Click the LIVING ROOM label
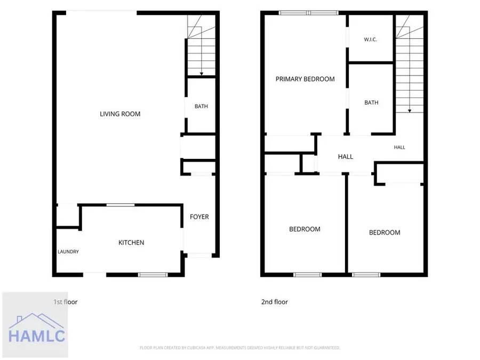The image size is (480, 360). [x=120, y=114]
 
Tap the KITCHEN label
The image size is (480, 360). [x=131, y=243]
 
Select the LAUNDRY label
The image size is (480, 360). [x=68, y=252]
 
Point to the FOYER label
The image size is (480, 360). [x=199, y=217]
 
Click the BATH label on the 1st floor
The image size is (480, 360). [x=201, y=107]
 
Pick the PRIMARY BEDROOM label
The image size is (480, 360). [x=305, y=79]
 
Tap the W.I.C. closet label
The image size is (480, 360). [x=371, y=39]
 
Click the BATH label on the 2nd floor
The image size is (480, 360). [x=371, y=102]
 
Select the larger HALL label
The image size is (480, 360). [x=346, y=157]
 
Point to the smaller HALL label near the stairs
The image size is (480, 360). [x=399, y=148]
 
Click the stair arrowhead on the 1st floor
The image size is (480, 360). [x=202, y=74]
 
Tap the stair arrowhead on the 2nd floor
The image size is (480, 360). [x=410, y=111]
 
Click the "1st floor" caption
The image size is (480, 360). [x=66, y=302]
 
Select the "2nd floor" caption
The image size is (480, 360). [x=275, y=302]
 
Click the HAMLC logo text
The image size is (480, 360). [x=37, y=336]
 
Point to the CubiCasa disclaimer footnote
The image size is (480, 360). [x=240, y=348]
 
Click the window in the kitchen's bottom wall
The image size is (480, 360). [x=153, y=275]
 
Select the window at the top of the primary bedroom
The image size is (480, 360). [x=309, y=13]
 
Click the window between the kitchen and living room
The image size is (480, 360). [x=121, y=205]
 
